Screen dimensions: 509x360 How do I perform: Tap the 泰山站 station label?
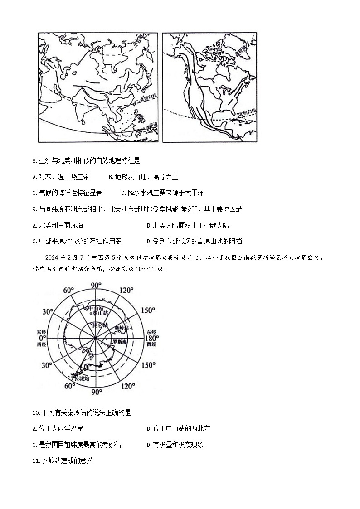click(99, 313)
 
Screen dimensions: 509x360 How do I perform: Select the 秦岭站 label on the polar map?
click(122, 327)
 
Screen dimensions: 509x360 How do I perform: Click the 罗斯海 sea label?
click(120, 342)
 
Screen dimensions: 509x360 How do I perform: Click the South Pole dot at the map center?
click(96, 338)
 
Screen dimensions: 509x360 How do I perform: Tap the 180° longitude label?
click(151, 338)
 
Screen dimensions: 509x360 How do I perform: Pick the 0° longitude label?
click(42, 338)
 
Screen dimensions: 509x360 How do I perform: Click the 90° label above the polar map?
click(96, 285)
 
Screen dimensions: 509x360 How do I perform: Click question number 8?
click(35, 160)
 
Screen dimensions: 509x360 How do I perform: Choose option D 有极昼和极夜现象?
click(175, 445)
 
